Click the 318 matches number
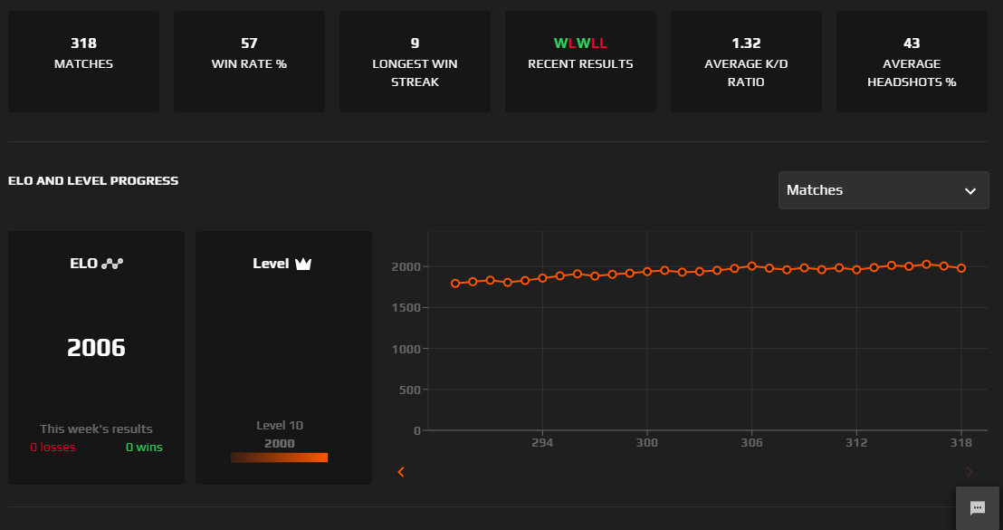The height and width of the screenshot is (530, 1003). coord(83,43)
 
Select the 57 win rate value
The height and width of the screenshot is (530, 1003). coord(249,43)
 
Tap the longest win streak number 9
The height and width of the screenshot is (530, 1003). coord(415,43)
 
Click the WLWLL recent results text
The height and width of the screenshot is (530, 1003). coord(580,43)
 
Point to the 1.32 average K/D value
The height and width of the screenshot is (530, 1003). coord(746,43)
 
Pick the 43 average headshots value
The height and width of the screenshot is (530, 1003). coord(912,43)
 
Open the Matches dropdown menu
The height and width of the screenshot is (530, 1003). coord(883,190)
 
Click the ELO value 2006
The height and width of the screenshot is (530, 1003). coord(96,348)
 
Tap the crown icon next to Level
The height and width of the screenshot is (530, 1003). coord(303,265)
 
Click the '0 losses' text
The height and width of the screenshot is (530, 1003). coord(53,448)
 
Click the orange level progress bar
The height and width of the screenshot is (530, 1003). coord(279,458)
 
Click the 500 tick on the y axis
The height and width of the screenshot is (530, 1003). coord(407,390)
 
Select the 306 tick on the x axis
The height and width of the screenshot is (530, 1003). coord(751,443)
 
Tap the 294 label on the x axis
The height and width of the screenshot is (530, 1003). coord(541,443)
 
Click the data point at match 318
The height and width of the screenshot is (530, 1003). coord(961,268)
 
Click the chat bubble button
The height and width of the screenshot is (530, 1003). coord(978,508)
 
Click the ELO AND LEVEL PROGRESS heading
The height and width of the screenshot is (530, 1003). coord(93,181)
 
